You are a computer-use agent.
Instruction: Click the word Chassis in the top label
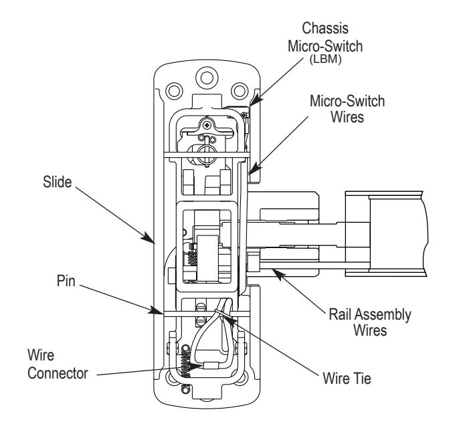(x=325, y=28)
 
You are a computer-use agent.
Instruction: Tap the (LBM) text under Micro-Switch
(x=325, y=59)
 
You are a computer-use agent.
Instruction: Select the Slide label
(x=57, y=182)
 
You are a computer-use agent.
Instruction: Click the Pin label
(x=66, y=281)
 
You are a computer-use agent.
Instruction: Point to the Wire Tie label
(x=347, y=378)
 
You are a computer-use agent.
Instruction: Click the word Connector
(x=58, y=373)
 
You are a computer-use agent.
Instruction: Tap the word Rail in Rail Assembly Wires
(x=340, y=314)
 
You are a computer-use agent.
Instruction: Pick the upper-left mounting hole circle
(x=175, y=91)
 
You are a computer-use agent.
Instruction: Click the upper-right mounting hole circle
(x=240, y=91)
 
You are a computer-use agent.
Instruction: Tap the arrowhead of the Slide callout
(x=149, y=237)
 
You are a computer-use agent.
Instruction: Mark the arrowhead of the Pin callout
(x=156, y=310)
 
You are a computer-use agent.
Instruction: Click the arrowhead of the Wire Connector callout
(x=196, y=366)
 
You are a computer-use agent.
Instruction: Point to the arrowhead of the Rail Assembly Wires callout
(x=277, y=274)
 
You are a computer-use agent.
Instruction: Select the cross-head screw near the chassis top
(x=207, y=125)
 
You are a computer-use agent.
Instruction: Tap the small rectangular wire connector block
(x=211, y=365)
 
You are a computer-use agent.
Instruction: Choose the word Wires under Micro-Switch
(x=347, y=117)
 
